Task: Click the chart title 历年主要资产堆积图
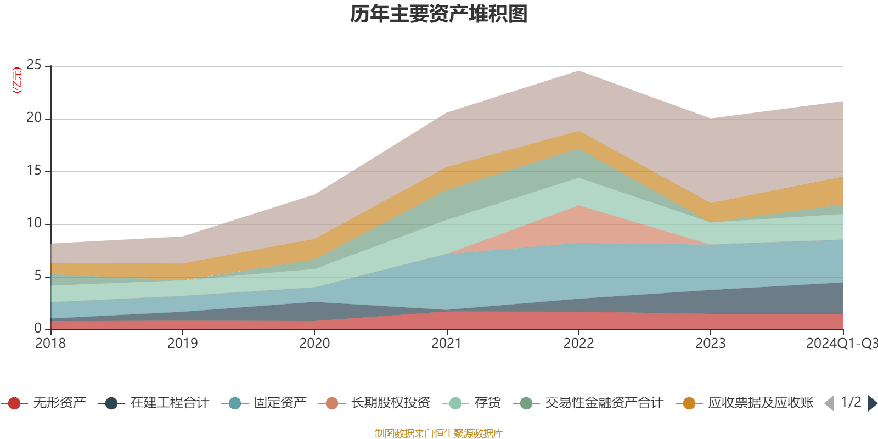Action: tap(439, 15)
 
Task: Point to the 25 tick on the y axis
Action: tap(34, 66)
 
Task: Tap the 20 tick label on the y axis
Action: tap(34, 118)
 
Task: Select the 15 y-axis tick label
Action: tap(34, 171)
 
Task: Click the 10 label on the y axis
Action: tap(34, 223)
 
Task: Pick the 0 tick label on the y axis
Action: tap(37, 328)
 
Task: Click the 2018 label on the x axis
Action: tap(50, 344)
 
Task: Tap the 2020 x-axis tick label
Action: tap(314, 344)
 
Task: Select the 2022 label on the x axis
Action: tap(578, 344)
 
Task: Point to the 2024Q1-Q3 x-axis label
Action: tap(841, 344)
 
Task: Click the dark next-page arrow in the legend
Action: tap(872, 403)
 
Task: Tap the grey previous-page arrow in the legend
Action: tap(829, 403)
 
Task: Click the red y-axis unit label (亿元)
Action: tap(17, 81)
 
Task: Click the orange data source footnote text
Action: tap(439, 434)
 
